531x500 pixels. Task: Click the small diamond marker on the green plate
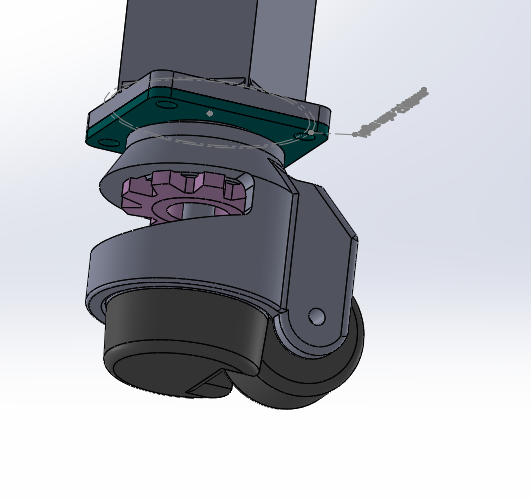[209, 113]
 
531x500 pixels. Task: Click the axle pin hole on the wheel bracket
[316, 317]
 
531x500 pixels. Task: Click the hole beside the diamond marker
[166, 104]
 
